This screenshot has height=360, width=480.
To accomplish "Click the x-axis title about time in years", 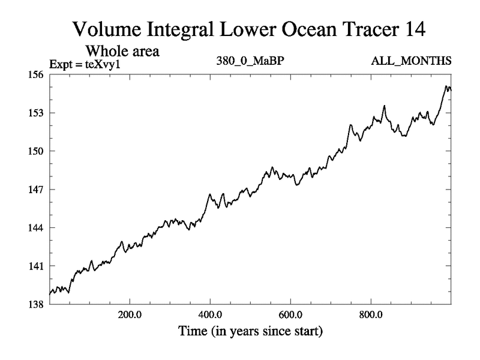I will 250,331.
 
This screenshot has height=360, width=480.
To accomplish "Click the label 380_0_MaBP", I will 249,61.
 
